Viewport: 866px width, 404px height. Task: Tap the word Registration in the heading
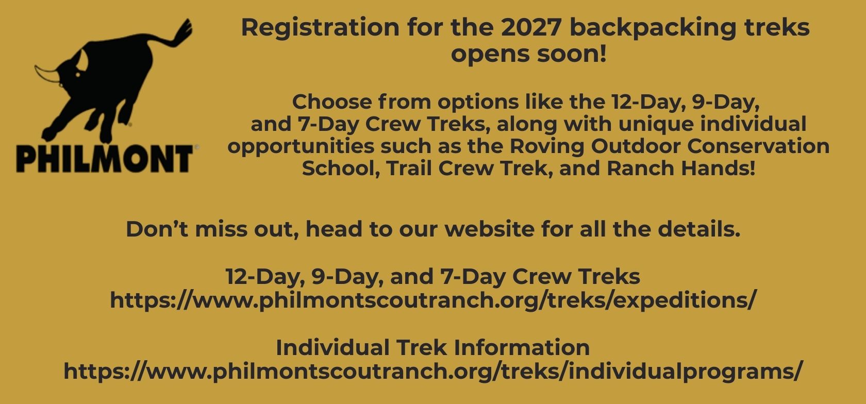(320, 28)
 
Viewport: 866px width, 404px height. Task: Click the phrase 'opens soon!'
(528, 54)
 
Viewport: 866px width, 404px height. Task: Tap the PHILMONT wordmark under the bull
(104, 159)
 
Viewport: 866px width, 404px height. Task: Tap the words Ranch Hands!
(680, 169)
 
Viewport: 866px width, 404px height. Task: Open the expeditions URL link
(433, 300)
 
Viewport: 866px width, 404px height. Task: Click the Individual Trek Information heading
(432, 347)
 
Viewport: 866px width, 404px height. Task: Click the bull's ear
(82, 59)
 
